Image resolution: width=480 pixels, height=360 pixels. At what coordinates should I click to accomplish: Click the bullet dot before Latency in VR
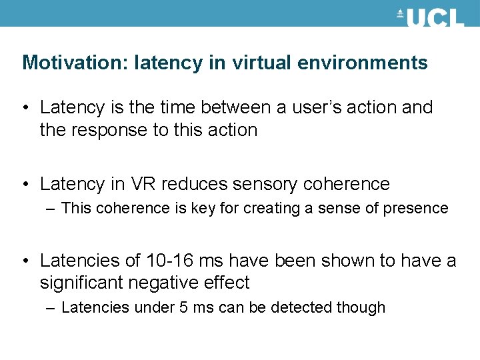pyautogui.click(x=26, y=183)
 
